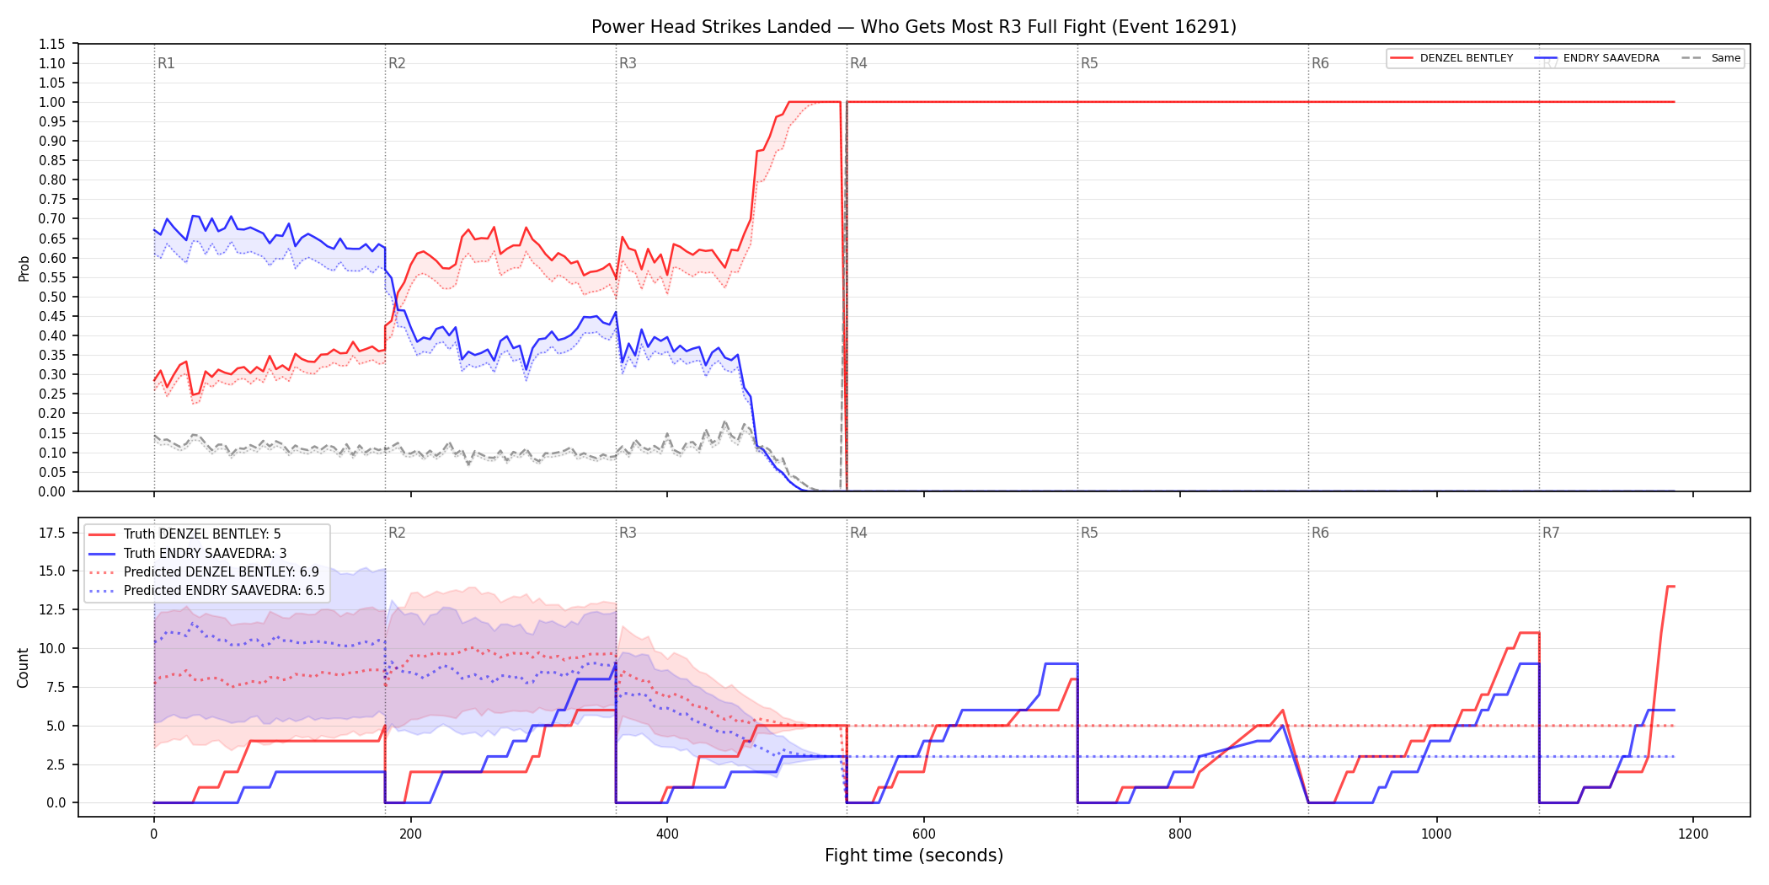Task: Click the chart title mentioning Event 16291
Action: pyautogui.click(x=914, y=27)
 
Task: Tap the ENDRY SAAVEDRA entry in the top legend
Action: pyautogui.click(x=1596, y=58)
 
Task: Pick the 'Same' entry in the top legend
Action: pyautogui.click(x=1711, y=58)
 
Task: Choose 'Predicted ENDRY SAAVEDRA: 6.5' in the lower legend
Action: pyautogui.click(x=207, y=591)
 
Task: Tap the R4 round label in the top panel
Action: pyautogui.click(x=858, y=63)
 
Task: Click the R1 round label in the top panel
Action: pyautogui.click(x=166, y=63)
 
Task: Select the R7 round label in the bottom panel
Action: pyautogui.click(x=1551, y=533)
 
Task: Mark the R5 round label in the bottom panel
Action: pyautogui.click(x=1089, y=533)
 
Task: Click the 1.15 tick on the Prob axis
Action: pyautogui.click(x=52, y=44)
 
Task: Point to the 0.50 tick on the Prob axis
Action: pyautogui.click(x=52, y=297)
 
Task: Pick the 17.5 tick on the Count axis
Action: pyautogui.click(x=52, y=533)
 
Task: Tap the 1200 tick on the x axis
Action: pyautogui.click(x=1693, y=834)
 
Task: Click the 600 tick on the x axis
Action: pyautogui.click(x=924, y=834)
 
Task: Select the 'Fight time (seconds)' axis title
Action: pyautogui.click(x=914, y=855)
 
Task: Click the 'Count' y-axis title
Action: pyautogui.click(x=23, y=668)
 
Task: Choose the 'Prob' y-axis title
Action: pyautogui.click(x=24, y=268)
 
